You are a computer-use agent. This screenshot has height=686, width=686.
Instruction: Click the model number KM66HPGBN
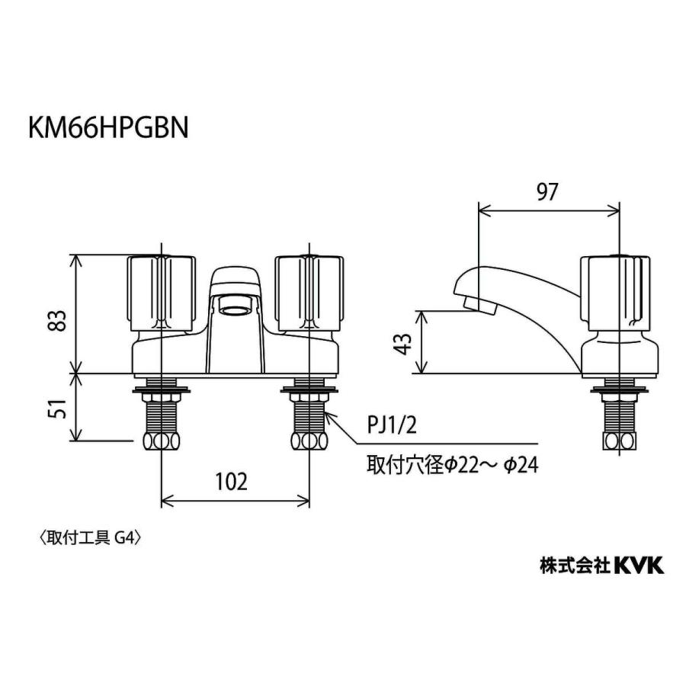click(x=108, y=127)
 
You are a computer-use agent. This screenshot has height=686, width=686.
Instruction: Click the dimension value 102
click(x=232, y=481)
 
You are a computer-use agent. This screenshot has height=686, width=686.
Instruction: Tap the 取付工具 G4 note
click(x=91, y=537)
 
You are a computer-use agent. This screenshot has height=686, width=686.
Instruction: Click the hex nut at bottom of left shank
click(x=161, y=441)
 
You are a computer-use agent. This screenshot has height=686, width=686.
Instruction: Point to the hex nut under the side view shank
click(x=618, y=441)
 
